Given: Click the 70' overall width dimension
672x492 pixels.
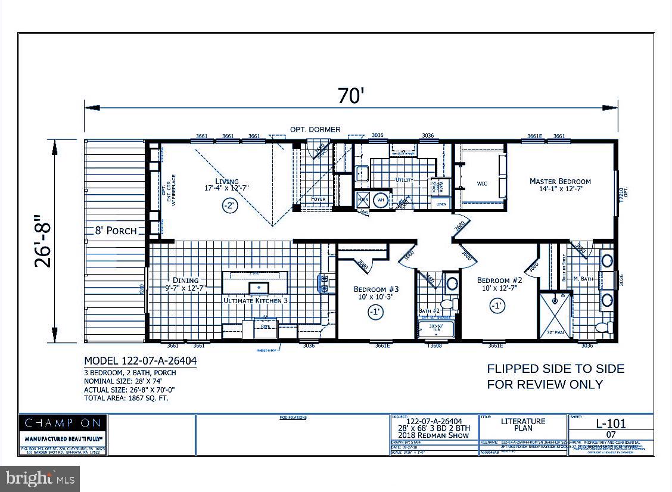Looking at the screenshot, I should (x=350, y=95).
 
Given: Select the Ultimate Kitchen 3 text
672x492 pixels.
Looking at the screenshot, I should (x=256, y=301).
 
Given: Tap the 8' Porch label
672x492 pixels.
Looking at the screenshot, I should (x=116, y=231).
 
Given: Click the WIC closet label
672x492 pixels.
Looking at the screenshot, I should (x=482, y=183).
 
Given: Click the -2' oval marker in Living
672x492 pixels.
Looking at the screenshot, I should (x=229, y=206).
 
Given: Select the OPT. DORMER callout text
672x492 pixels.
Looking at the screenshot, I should (x=315, y=129).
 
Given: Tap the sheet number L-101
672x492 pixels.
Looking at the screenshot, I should (x=611, y=424).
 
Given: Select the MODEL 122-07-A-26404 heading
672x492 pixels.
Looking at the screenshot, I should (x=141, y=361).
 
